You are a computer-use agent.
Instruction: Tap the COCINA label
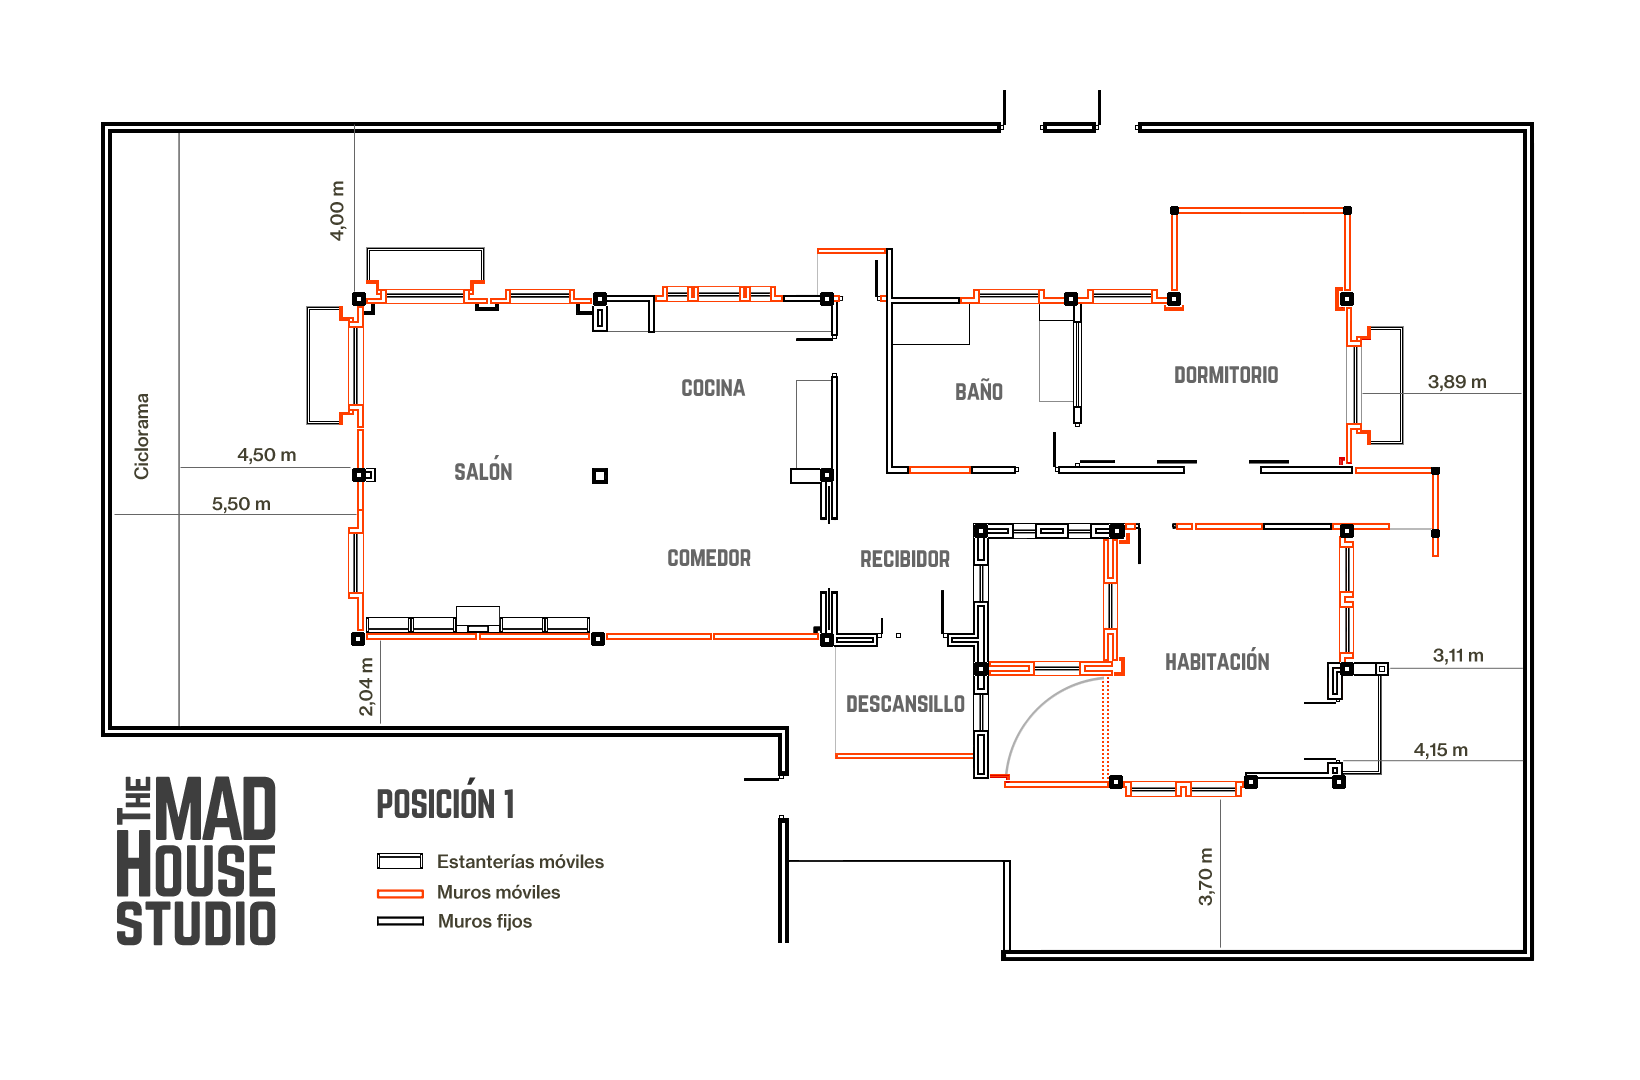[x=713, y=388]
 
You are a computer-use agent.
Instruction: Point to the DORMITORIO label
[x=1226, y=375]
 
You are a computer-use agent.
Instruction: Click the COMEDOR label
[x=709, y=558]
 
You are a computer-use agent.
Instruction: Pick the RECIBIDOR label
[x=905, y=559]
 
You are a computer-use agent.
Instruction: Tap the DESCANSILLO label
[x=906, y=704]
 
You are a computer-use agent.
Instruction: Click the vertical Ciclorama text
[x=141, y=436]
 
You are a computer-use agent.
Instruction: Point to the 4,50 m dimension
[x=266, y=455]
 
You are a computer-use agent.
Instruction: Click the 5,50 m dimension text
[x=241, y=504]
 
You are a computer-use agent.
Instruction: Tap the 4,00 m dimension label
[x=337, y=210]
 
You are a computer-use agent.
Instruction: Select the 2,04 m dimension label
[x=366, y=687]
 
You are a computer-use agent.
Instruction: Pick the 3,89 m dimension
[x=1457, y=381]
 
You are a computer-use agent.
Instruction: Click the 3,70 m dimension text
[x=1206, y=876]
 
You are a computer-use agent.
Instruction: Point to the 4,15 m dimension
[x=1441, y=750]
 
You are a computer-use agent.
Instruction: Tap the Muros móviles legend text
[x=499, y=892]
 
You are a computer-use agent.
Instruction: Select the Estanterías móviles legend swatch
[x=400, y=861]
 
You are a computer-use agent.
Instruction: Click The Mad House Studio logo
[x=196, y=860]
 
